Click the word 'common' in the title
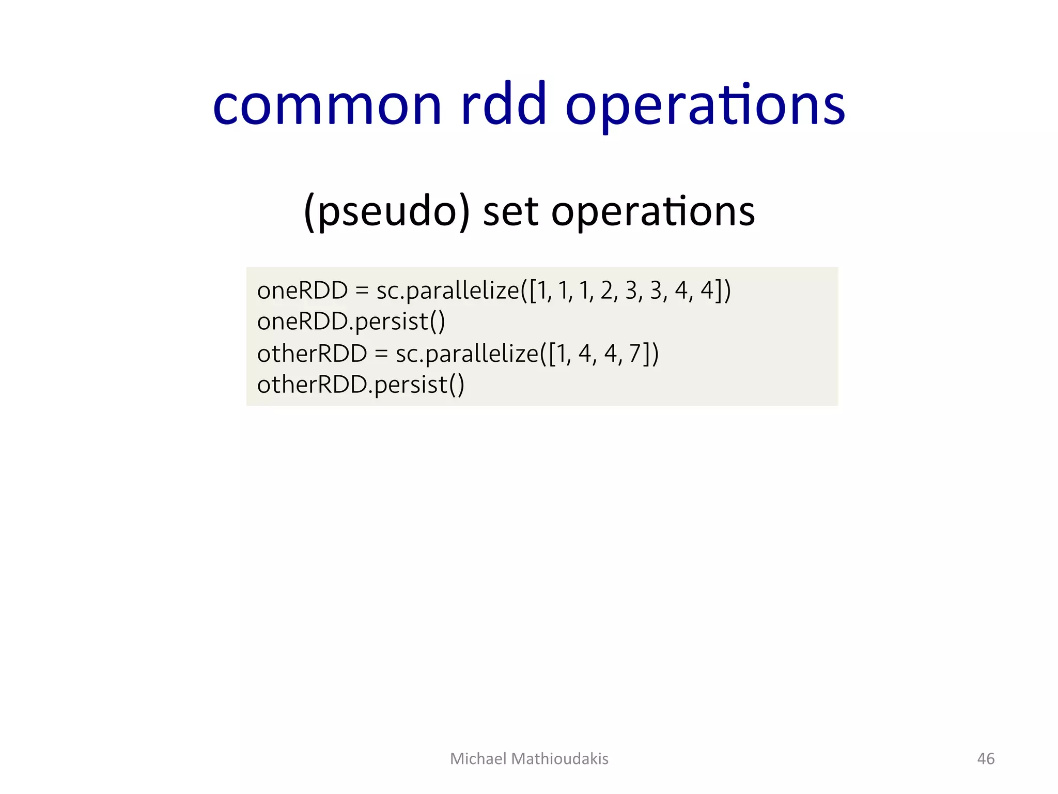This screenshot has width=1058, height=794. click(327, 106)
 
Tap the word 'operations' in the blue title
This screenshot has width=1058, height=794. click(705, 106)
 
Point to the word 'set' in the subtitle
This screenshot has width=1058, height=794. click(511, 212)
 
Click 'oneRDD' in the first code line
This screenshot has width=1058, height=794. click(302, 291)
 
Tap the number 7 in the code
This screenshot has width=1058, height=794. click(635, 354)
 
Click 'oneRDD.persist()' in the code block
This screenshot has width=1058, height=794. click(351, 322)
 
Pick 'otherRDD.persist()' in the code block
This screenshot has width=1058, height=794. click(361, 385)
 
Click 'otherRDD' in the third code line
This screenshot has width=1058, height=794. click(312, 354)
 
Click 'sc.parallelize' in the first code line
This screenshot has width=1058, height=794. click(447, 291)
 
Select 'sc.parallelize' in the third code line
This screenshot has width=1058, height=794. click(466, 354)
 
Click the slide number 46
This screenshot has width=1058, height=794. click(986, 758)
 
